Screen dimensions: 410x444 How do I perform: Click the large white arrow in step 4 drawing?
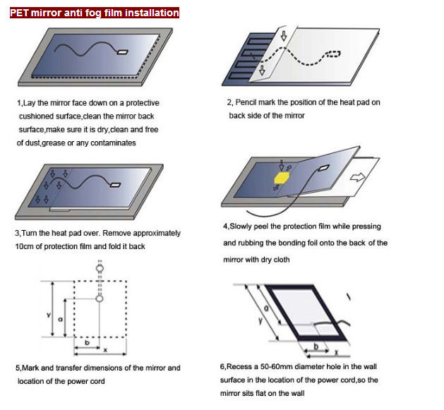(x=359, y=179)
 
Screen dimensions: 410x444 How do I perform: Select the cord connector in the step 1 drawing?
(x=123, y=52)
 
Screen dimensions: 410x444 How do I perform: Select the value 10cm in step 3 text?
(x=24, y=246)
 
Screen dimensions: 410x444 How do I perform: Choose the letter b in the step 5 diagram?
(x=85, y=343)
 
